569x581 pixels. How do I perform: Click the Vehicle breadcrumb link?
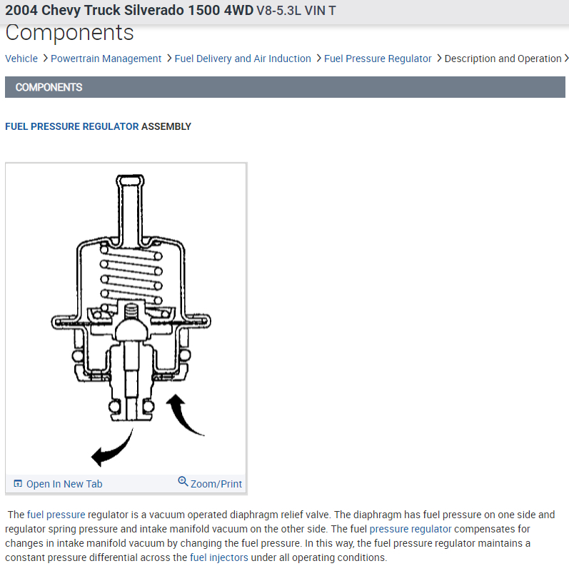coord(21,59)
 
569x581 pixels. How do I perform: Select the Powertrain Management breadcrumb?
coord(106,59)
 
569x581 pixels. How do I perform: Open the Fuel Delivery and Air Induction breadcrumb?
coord(243,59)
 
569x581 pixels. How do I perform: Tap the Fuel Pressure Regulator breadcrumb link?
coord(378,59)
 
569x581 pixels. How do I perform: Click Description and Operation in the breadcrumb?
coord(503,59)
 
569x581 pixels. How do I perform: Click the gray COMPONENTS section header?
coord(286,87)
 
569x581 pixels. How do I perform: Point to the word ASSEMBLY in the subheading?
coord(166,126)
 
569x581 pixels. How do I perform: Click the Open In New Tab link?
coord(64,484)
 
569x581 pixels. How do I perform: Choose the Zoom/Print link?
coord(216,484)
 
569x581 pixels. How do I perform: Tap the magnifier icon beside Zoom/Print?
coord(183,482)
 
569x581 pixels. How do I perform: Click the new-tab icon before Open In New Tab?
coord(18,484)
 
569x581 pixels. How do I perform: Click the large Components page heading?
coord(69,33)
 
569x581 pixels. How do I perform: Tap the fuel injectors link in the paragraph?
coord(219,557)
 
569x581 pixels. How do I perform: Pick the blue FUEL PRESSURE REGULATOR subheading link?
coord(72,126)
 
